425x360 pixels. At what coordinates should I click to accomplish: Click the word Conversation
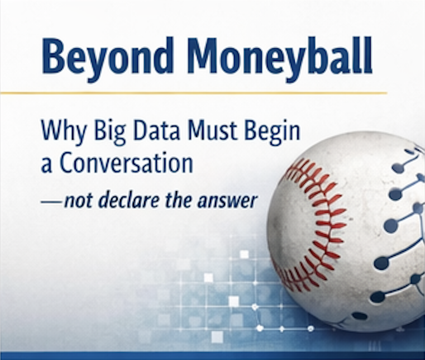click(x=126, y=163)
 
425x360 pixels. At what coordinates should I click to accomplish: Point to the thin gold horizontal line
click(x=194, y=93)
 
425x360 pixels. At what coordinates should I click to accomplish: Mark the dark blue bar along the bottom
click(x=212, y=356)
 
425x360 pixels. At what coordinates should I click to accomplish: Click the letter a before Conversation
click(x=46, y=165)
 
